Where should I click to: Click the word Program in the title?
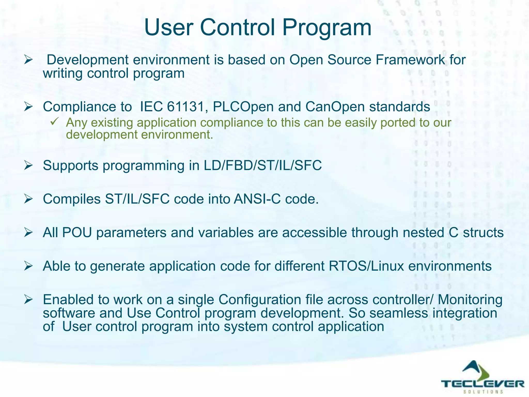point(326,28)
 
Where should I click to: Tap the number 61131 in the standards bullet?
point(186,107)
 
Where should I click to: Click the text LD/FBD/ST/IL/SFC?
point(262,165)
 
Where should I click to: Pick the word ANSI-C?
point(257,199)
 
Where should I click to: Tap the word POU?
point(77,232)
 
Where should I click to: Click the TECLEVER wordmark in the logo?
point(483,384)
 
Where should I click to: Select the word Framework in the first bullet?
point(410,60)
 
